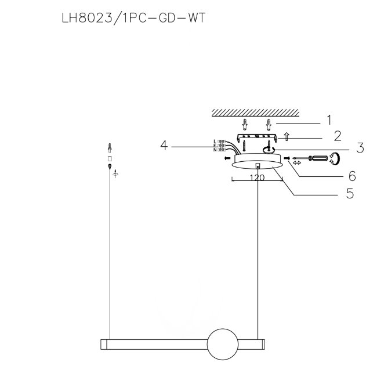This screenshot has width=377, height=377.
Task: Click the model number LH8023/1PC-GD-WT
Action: click(133, 18)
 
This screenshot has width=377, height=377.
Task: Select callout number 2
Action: click(338, 136)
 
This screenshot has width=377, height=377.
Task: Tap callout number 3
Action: click(360, 148)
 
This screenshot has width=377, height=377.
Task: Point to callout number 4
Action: click(164, 145)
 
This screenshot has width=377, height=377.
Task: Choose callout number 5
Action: click(350, 193)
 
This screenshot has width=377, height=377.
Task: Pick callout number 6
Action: click(352, 176)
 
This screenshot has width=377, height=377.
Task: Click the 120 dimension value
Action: click(257, 177)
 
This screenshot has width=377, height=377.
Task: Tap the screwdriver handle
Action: click(318, 158)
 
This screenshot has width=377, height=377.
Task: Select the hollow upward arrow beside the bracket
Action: click(287, 136)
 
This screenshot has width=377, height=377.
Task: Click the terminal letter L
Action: click(215, 141)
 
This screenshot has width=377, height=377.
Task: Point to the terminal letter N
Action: click(215, 150)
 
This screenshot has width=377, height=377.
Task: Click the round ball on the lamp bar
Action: click(223, 345)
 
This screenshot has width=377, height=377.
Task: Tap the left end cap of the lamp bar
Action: click(104, 345)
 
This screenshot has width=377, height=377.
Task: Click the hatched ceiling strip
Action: click(255, 113)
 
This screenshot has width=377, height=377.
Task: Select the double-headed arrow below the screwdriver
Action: click(297, 163)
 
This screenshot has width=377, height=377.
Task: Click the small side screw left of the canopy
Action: click(227, 158)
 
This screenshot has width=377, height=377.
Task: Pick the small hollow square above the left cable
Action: click(110, 159)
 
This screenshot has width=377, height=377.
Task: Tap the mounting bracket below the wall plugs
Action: click(258, 137)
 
